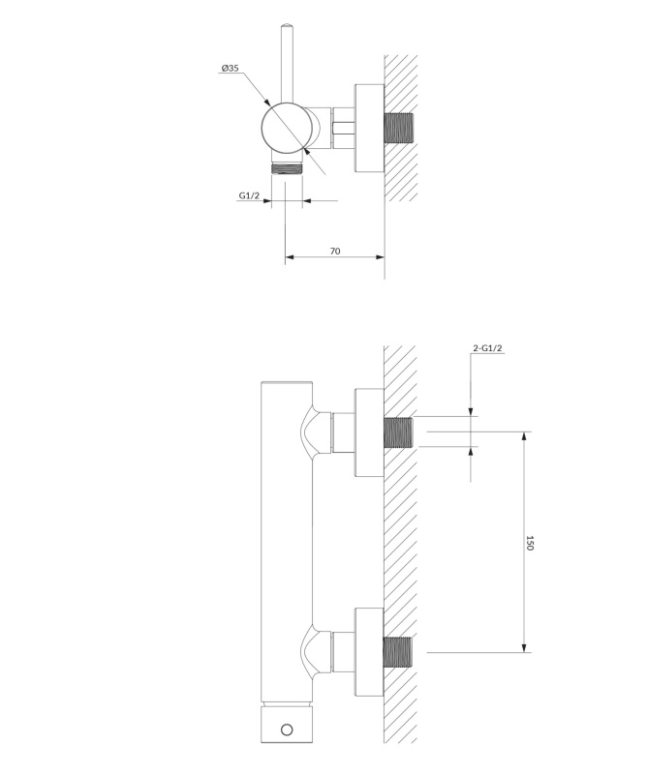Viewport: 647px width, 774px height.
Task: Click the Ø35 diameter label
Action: [x=231, y=68]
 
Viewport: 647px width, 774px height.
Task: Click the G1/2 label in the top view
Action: [x=249, y=195]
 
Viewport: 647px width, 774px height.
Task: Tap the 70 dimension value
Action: [x=335, y=252]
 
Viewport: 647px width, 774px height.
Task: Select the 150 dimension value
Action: [x=530, y=543]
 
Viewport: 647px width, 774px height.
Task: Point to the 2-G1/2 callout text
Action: [x=487, y=348]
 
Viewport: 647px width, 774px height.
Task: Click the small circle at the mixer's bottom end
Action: [x=287, y=729]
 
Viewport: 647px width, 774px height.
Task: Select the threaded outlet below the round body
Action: [x=287, y=167]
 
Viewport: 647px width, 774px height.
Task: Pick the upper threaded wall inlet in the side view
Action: [x=398, y=432]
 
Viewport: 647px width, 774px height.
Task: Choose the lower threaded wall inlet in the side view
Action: [x=398, y=652]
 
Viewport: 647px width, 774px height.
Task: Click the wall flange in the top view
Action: [x=369, y=129]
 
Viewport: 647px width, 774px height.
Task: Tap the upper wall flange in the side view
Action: [x=369, y=432]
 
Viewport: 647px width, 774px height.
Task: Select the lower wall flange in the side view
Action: [x=369, y=652]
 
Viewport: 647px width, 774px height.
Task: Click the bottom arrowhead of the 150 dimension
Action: [x=525, y=647]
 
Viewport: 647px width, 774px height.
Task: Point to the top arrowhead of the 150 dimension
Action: [x=525, y=437]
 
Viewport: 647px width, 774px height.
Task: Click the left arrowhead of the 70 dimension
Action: [x=291, y=256]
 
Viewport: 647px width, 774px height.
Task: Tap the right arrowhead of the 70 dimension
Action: [x=380, y=256]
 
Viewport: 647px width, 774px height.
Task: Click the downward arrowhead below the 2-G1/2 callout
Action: [x=471, y=412]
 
